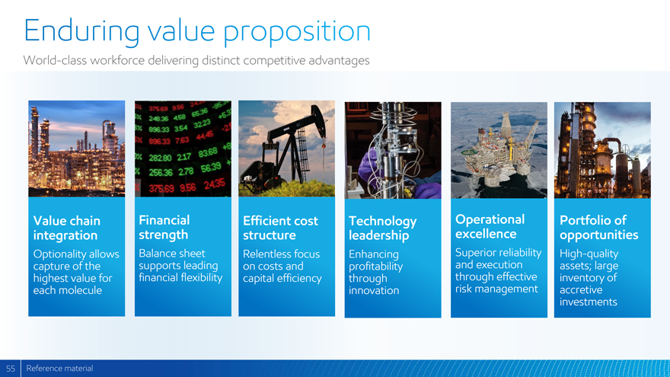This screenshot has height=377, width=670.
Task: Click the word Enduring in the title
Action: [x=81, y=30]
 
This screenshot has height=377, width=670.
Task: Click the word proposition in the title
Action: [x=297, y=32]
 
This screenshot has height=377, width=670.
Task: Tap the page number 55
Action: [x=10, y=369]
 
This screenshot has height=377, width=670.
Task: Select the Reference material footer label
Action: [x=59, y=369]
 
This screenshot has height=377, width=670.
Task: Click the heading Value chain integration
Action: [x=67, y=228]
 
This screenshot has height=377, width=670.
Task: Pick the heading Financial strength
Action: [x=164, y=228]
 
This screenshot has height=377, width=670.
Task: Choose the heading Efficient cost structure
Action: [x=280, y=228]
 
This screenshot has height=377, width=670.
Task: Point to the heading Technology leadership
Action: [x=382, y=228]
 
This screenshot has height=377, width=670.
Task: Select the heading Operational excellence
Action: [x=490, y=226]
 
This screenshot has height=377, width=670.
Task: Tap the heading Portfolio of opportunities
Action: [x=598, y=228]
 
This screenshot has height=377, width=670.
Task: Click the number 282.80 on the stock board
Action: [x=160, y=158]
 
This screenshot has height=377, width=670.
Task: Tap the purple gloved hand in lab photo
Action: [x=368, y=165]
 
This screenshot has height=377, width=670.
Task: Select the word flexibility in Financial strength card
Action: [x=202, y=278]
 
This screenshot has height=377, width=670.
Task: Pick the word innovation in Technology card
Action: [x=374, y=290]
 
